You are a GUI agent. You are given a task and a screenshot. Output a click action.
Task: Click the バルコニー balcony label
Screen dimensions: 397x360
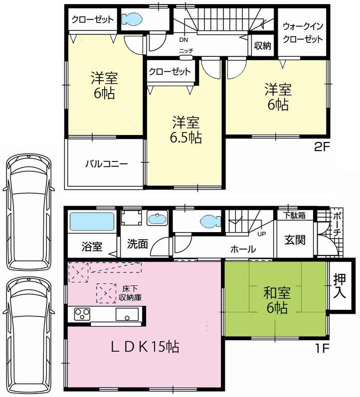(106, 163)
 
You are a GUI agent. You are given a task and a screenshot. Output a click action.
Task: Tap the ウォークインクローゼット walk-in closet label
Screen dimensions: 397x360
(303, 32)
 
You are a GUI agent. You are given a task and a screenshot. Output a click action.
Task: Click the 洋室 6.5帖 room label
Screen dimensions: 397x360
(186, 130)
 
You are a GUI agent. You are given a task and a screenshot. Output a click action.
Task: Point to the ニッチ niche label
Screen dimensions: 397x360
(186, 51)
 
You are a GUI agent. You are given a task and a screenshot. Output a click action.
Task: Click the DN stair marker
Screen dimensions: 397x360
(184, 40)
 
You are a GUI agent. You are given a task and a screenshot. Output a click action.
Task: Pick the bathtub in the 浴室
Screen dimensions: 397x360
(92, 222)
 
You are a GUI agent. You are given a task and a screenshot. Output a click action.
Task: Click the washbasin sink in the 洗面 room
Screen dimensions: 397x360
(158, 219)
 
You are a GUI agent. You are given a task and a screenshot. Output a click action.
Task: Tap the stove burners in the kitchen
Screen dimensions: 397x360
(82, 314)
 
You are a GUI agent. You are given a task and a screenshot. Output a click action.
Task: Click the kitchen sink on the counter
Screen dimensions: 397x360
(127, 315)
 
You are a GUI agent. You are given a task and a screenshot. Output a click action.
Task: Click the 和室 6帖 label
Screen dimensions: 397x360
(276, 300)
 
